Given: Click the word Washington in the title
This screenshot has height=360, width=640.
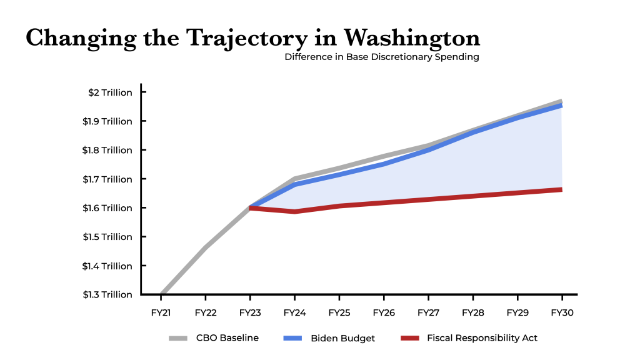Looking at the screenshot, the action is pos(411,39).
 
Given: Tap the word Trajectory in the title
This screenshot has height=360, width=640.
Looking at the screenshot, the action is pos(247,39).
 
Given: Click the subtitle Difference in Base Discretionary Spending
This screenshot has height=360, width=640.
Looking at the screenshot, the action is pos(382,57).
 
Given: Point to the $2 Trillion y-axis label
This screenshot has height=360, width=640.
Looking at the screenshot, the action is pos(110,92).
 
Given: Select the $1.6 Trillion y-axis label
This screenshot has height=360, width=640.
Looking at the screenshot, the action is pos(107,208).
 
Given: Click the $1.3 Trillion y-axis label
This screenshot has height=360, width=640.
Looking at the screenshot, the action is pos(107,295).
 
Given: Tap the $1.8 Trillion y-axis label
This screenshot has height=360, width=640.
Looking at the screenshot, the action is pos(107,150).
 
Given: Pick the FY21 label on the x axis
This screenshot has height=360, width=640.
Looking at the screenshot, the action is pos(161,312).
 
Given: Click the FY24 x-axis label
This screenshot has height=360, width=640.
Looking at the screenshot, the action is pos(295,312).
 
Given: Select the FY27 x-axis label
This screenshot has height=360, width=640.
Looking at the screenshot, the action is pos(429,312).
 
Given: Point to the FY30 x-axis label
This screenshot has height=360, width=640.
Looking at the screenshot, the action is pos(562,312).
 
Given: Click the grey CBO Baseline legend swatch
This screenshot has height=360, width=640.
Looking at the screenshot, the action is pos(178,338).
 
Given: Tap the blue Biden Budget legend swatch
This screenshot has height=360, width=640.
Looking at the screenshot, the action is pos(292,338).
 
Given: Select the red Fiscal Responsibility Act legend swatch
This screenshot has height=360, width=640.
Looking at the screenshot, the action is pos(410,338).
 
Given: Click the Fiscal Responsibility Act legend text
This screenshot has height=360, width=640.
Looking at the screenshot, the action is pos(482,338).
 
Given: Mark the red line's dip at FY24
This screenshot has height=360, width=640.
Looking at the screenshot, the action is pos(295,211).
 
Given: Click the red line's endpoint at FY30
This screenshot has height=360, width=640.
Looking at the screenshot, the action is pos(562,189).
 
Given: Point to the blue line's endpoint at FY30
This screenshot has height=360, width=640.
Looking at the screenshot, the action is pos(562,106).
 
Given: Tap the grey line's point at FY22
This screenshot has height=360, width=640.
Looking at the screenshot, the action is pos(205,247).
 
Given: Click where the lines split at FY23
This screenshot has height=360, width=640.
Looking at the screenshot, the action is pos(250,207).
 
